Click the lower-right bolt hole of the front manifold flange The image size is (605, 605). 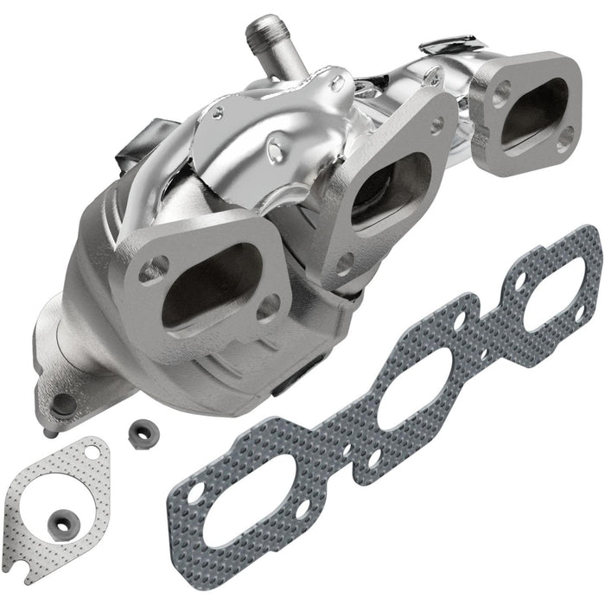(x=271, y=303)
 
